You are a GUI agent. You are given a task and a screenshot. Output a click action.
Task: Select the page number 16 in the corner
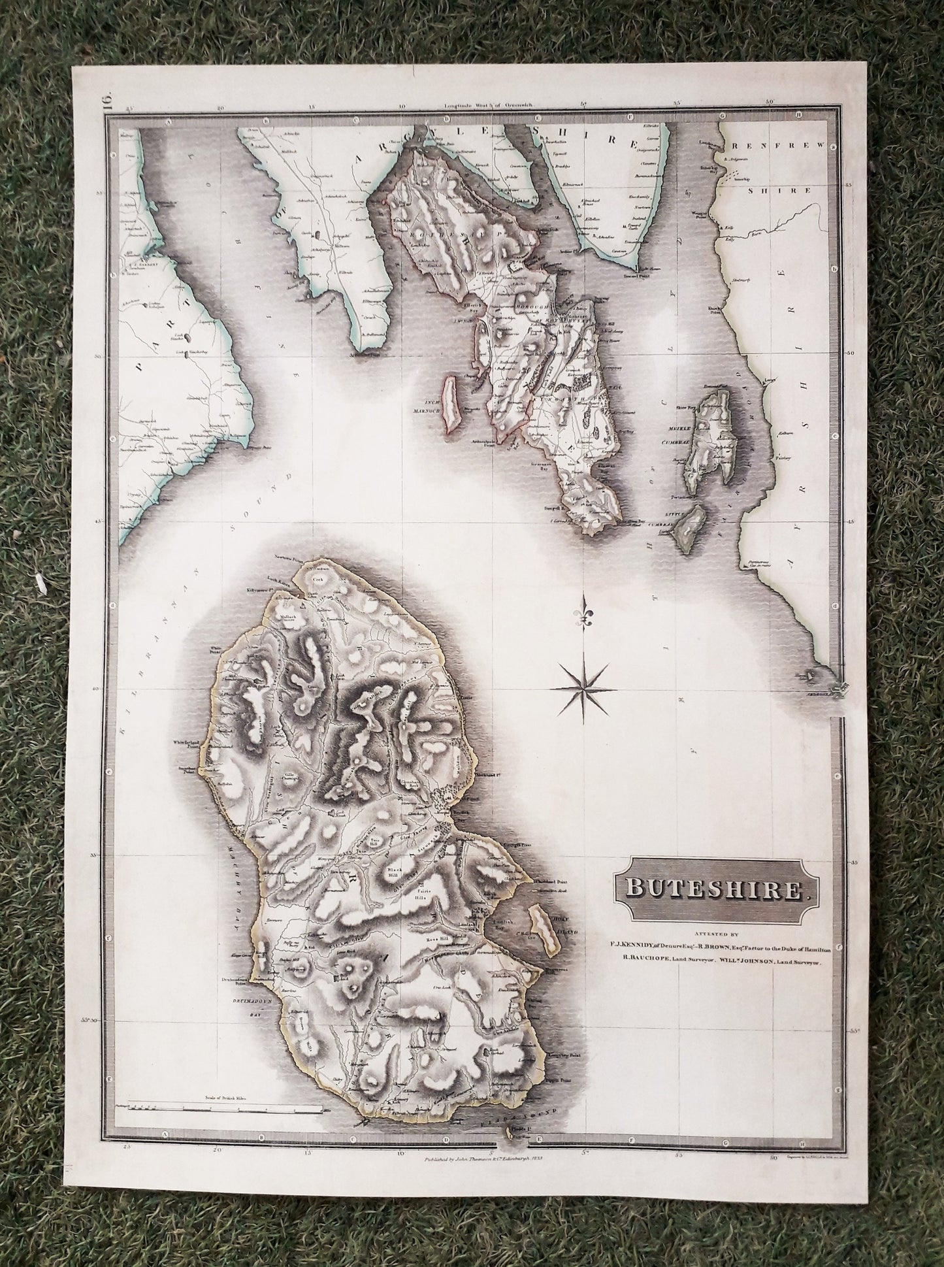coord(106,102)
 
